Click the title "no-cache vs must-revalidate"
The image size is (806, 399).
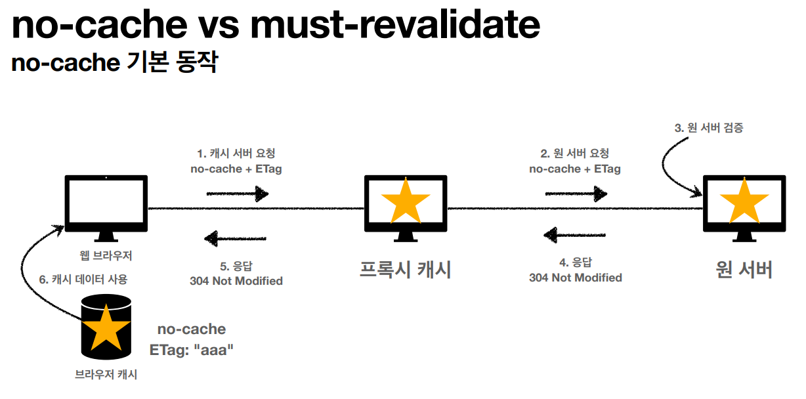click(276, 26)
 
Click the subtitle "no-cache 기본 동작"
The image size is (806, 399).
click(114, 64)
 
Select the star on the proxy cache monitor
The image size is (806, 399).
click(406, 201)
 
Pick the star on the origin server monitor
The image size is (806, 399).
click(744, 201)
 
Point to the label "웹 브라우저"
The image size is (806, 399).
click(105, 255)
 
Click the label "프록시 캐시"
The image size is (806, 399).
click(406, 270)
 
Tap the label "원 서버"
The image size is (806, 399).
click(744, 270)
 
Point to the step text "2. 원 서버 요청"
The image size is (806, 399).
click(574, 154)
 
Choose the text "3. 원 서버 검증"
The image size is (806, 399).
click(709, 128)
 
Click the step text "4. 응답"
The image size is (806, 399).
click(575, 262)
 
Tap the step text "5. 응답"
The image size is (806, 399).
click(236, 266)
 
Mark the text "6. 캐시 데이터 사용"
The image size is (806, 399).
click(83, 279)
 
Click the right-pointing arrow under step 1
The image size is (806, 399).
click(238, 194)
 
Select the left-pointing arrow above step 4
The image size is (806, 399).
click(575, 234)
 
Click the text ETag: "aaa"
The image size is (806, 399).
click(192, 350)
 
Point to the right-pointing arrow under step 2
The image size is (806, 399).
click(576, 194)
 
